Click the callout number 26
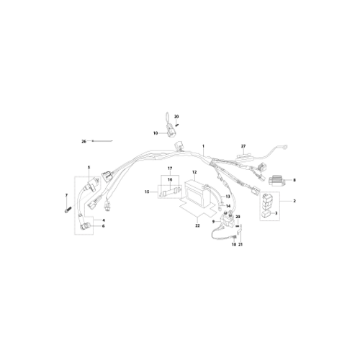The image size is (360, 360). [x=84, y=142]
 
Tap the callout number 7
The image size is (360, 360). [x=66, y=195]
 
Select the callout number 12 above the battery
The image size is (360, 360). [x=194, y=172]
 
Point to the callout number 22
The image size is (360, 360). [x=197, y=226]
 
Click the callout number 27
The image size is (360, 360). [x=243, y=146]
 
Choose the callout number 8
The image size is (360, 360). [x=294, y=180]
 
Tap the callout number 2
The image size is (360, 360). [x=294, y=201]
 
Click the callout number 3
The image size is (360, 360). [x=276, y=213]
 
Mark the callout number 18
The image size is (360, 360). [x=234, y=245]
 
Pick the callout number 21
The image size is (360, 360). [x=240, y=245]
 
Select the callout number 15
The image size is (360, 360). [x=147, y=192]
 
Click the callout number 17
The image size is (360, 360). [x=170, y=168]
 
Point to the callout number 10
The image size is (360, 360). [x=156, y=133]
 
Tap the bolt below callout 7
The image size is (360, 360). [x=67, y=210]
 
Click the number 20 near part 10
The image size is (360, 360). [x=176, y=117]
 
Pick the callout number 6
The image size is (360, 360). [x=104, y=226]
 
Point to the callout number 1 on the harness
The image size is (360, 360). [x=203, y=146]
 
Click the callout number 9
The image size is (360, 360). [x=213, y=222]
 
